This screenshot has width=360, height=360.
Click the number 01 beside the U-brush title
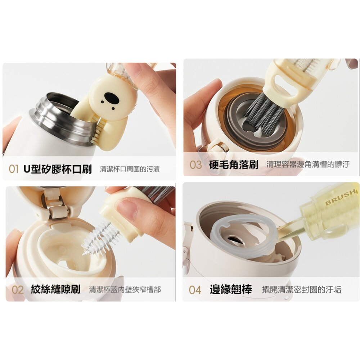pyautogui.click(x=13, y=169)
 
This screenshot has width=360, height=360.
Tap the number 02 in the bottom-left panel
pyautogui.click(x=17, y=290)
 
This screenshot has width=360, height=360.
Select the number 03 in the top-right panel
pyautogui.click(x=195, y=165)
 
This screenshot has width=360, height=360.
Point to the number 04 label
pyautogui.click(x=195, y=290)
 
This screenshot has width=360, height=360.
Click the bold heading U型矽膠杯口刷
pyautogui.click(x=58, y=169)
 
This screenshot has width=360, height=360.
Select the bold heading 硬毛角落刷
pyautogui.click(x=234, y=165)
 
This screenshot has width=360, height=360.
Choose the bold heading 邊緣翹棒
pyautogui.click(x=231, y=289)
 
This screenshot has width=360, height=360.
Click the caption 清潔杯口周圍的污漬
pyautogui.click(x=130, y=169)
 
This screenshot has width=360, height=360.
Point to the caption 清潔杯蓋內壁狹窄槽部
pyautogui.click(x=125, y=289)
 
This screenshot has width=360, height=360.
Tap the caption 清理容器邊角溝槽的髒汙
pyautogui.click(x=308, y=164)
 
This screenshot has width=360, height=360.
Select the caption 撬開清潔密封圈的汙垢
pyautogui.click(x=301, y=289)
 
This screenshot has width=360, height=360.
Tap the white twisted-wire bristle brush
pyautogui.click(x=100, y=237)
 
